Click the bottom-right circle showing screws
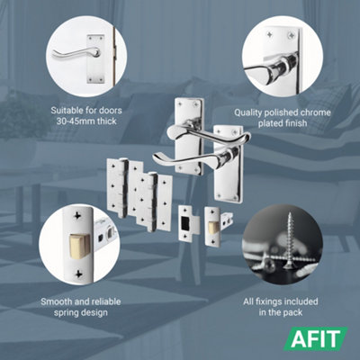coord(283,243)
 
